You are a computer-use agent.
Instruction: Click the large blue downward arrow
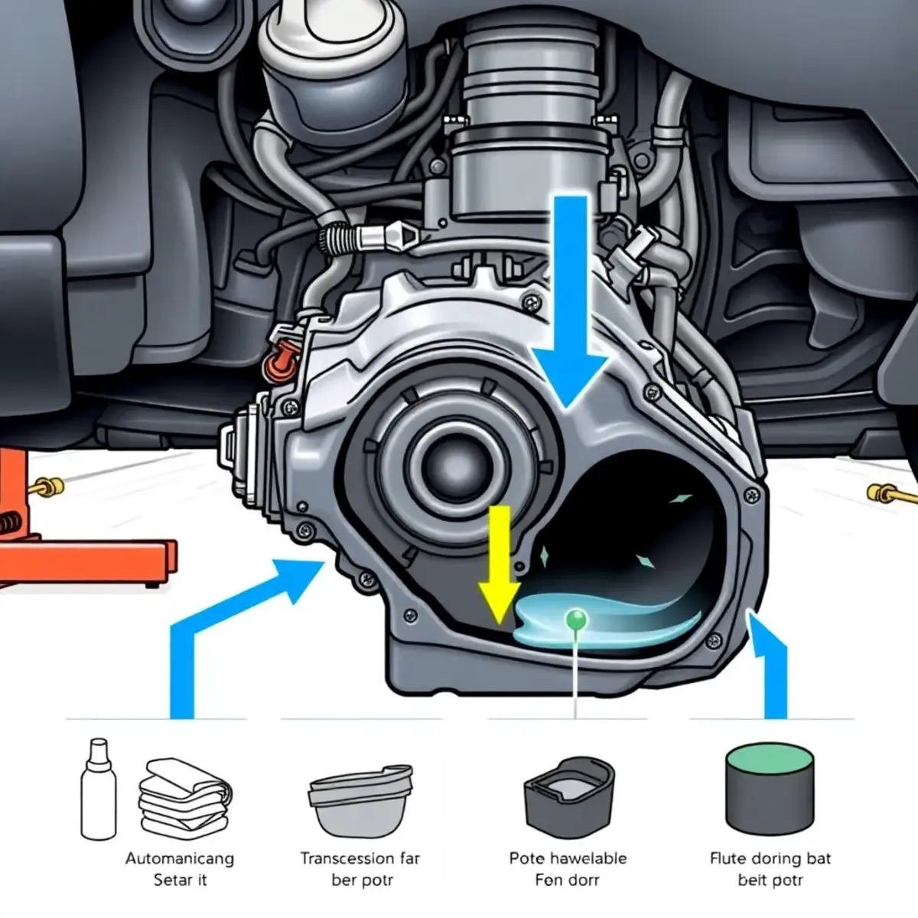tap(570, 306)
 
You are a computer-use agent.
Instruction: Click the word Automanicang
tap(180, 858)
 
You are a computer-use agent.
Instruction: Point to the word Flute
tap(727, 858)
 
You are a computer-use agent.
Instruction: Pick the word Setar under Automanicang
tap(168, 880)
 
